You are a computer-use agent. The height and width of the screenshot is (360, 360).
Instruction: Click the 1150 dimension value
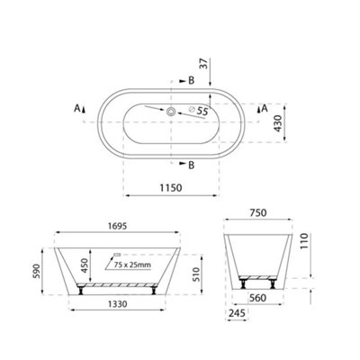point(171,188)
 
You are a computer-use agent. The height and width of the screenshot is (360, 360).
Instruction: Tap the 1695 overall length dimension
point(117,226)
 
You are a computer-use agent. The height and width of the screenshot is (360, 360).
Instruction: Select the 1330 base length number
point(117,304)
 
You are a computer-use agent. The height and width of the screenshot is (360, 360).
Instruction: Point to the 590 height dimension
point(36,271)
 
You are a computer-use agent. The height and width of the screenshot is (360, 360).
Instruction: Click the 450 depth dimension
point(85,265)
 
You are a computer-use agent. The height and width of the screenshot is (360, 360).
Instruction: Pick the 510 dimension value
point(195,274)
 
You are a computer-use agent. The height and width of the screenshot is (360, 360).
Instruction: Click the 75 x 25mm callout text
point(132,265)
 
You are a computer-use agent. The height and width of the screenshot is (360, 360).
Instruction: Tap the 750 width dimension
point(258,212)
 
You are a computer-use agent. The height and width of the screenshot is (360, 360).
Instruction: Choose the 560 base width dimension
point(257,298)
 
